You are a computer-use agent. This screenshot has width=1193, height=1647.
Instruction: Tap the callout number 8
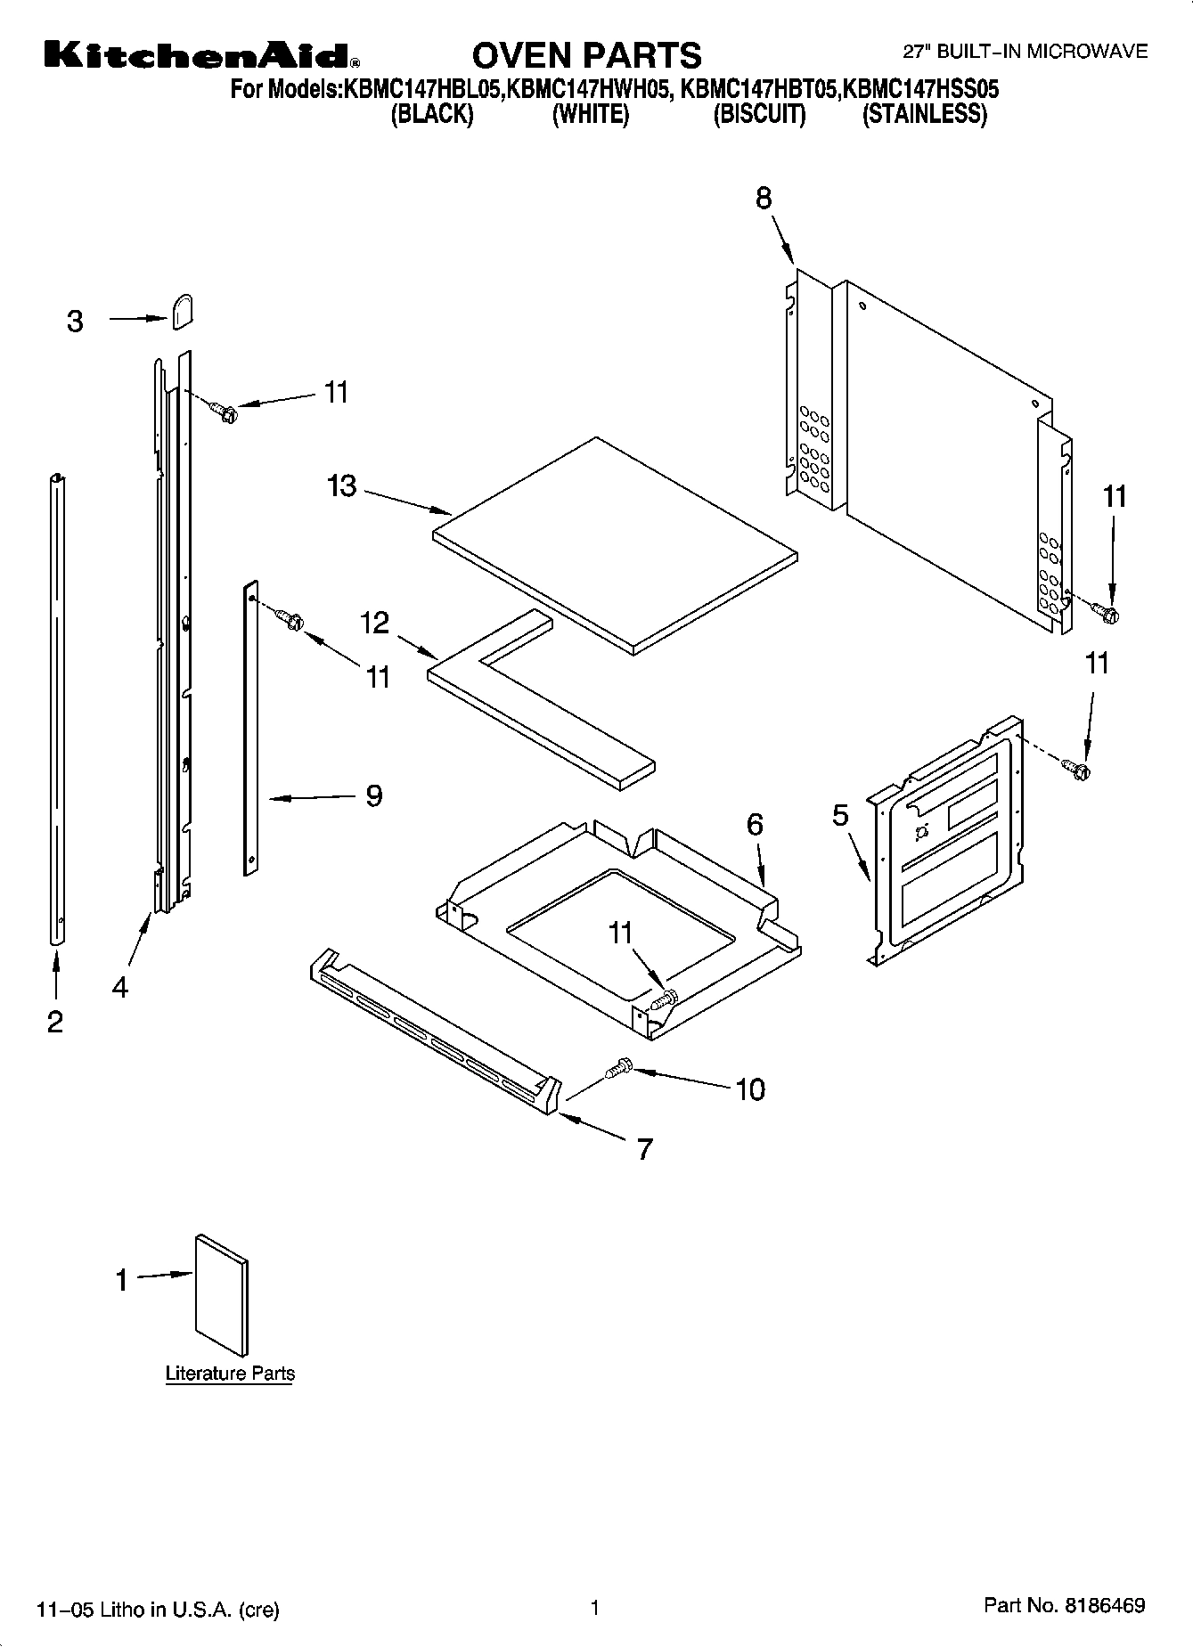pyautogui.click(x=764, y=198)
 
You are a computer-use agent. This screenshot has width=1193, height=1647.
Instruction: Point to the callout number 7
pyautogui.click(x=645, y=1149)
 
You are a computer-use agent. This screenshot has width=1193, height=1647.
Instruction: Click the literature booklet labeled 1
pyautogui.click(x=221, y=1294)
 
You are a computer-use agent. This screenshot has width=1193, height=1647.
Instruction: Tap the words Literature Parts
pyautogui.click(x=230, y=1373)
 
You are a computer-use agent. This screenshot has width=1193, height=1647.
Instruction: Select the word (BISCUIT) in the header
pyautogui.click(x=759, y=115)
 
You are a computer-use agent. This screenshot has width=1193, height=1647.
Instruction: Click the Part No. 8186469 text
pyautogui.click(x=1064, y=1606)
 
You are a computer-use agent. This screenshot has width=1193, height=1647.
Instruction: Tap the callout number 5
pyautogui.click(x=840, y=815)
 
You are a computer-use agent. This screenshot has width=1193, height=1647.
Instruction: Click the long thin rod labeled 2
pyautogui.click(x=58, y=708)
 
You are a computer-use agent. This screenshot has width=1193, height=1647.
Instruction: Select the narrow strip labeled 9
pyautogui.click(x=251, y=726)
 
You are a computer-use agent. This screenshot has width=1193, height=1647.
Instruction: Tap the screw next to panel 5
pyautogui.click(x=1077, y=769)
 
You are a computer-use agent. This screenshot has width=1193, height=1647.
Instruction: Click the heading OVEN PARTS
pyautogui.click(x=586, y=55)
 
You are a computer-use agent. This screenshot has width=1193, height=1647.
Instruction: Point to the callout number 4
pyautogui.click(x=119, y=987)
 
